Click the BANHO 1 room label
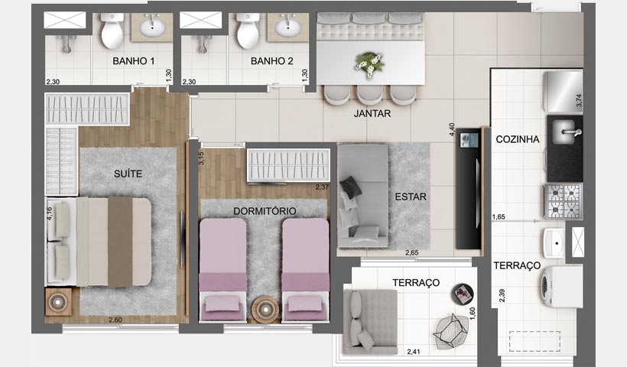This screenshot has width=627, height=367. point(133,60)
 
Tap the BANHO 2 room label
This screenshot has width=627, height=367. point(271,60)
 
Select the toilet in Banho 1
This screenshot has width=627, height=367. point(112,32)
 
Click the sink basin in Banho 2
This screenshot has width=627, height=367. point(289,29)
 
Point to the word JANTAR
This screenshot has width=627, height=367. point(372,114)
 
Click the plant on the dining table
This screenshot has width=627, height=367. point(371,63)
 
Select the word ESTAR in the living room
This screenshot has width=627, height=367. point(411,196)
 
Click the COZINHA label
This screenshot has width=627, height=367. point(518,139)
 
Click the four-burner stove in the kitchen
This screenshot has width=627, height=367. point(562,202)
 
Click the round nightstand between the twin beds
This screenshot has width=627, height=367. point(265,307)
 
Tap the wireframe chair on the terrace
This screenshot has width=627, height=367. point(450,330)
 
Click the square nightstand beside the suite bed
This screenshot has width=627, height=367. point(59,303)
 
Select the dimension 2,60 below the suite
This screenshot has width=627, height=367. point(115,320)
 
